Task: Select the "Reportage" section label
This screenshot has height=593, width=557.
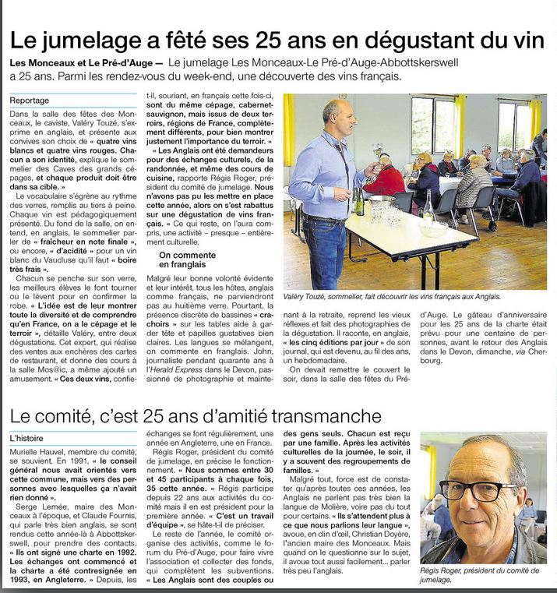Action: tap(30, 101)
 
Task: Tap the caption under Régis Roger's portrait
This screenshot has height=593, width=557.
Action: tap(481, 574)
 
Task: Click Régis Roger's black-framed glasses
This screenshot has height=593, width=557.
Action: tap(470, 489)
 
